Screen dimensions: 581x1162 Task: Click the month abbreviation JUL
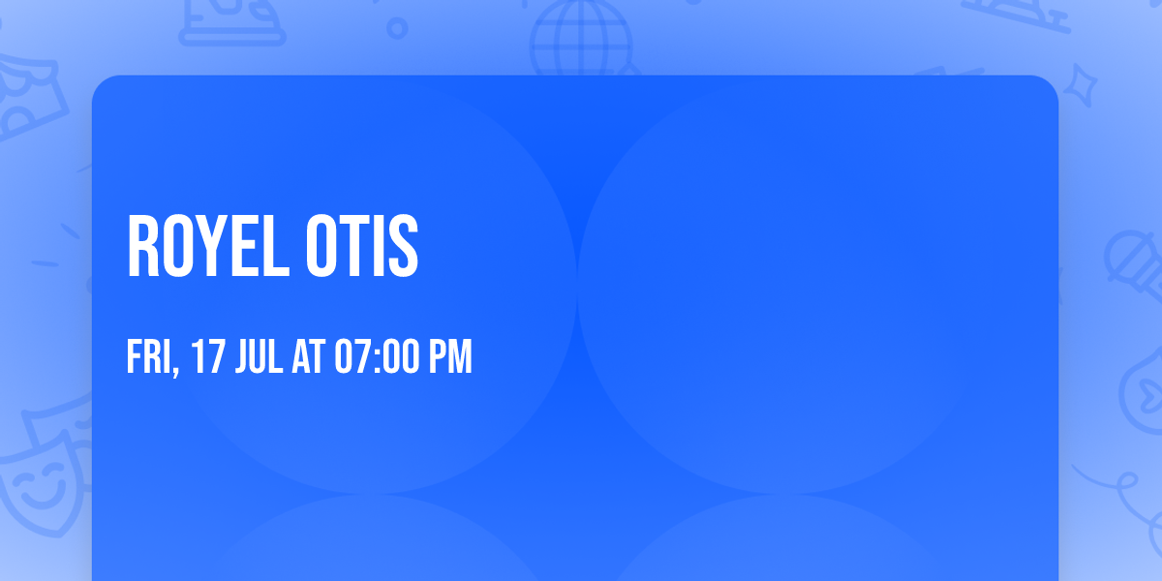(260, 357)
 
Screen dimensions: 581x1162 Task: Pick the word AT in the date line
(309, 357)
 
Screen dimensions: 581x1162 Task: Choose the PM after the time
(450, 357)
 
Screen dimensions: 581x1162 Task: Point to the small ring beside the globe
(397, 28)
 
